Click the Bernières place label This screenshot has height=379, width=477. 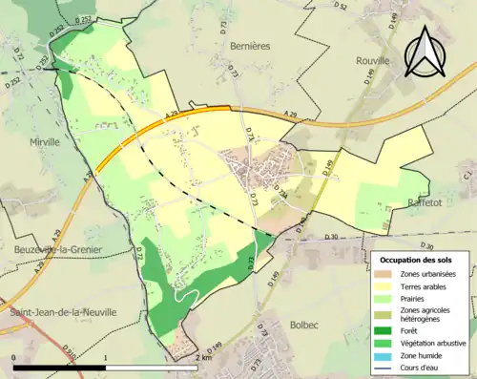click(x=251, y=45)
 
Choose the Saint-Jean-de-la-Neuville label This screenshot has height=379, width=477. click(x=62, y=311)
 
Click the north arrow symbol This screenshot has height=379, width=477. click(x=424, y=52)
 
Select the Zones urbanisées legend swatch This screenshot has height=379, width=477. click(x=388, y=274)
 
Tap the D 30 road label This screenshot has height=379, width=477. click(x=332, y=237)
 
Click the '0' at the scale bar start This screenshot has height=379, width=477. click(x=15, y=357)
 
